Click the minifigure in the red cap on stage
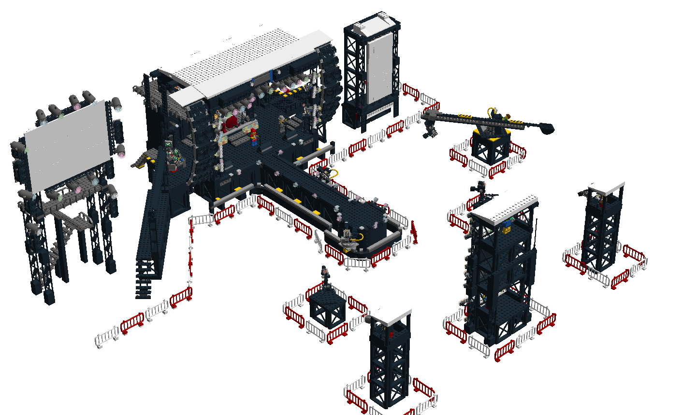point(253,136)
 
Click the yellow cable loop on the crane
point(492,112)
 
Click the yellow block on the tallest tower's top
point(507,228)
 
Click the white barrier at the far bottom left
point(107,336)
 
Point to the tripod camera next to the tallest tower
point(479,191)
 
